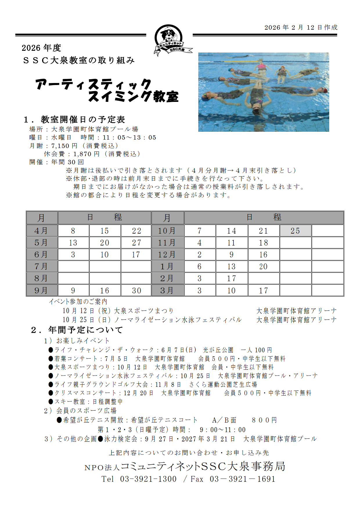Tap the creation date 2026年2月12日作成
(x=301, y=28)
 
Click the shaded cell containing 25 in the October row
(x=295, y=231)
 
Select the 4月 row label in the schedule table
(x=42, y=231)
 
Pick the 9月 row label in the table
(x=42, y=290)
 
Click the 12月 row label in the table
(x=167, y=255)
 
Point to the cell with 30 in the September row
(x=136, y=290)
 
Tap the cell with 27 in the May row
(x=136, y=243)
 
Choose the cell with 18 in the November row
(x=263, y=243)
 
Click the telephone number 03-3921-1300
(x=148, y=479)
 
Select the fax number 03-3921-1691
(x=242, y=479)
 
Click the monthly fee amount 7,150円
(x=64, y=146)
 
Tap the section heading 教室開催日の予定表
(x=83, y=120)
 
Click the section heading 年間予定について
(x=86, y=330)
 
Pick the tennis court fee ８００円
(x=264, y=420)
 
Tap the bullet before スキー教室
(x=51, y=402)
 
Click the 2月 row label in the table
(x=167, y=278)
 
